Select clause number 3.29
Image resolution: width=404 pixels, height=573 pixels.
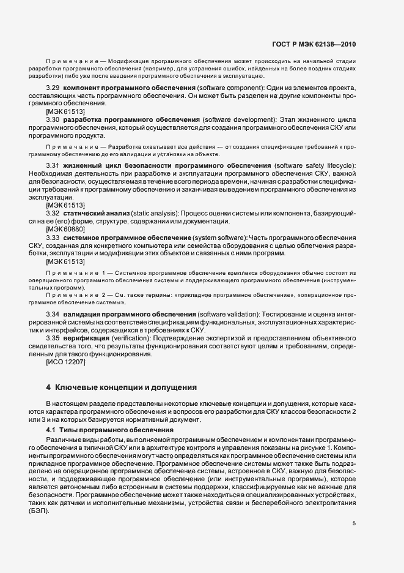54,89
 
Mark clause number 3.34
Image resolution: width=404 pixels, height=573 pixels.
54,314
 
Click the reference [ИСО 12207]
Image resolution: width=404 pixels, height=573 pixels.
66,361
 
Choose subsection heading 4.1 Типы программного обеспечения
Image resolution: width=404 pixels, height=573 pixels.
97,431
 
